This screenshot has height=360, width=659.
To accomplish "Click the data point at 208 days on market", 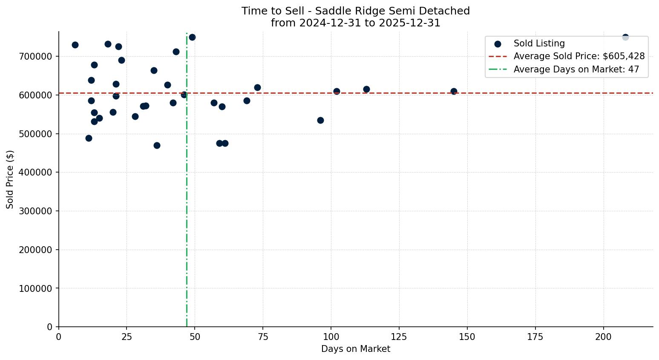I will (625, 37).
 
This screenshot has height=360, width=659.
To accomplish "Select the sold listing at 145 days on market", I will (454, 91).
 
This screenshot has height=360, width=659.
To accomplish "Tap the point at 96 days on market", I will (320, 120).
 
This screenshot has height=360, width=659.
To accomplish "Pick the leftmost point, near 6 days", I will (75, 45).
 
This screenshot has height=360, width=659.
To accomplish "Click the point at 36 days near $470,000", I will (157, 145).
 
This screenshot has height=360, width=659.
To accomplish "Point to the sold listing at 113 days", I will (366, 89).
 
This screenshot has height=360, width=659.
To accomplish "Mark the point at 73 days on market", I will (257, 87).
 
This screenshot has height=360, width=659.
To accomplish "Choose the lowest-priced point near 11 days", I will (89, 138).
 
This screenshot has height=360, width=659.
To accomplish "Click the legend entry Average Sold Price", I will (579, 56).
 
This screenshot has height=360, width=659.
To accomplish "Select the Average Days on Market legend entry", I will (576, 69).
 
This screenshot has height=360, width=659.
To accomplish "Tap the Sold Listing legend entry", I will (539, 43).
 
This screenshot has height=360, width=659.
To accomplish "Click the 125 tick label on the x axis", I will (399, 337).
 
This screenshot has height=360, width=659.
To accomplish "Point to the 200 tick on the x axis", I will (604, 337).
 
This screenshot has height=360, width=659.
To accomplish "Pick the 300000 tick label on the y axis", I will (35, 211).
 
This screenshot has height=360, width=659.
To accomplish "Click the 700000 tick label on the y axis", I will (35, 57).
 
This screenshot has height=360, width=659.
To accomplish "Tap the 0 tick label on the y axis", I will (49, 327).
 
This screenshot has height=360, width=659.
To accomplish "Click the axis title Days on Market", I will (356, 349).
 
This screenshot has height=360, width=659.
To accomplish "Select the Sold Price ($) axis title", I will (10, 179).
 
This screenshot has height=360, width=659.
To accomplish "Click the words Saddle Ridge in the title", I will (344, 11).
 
